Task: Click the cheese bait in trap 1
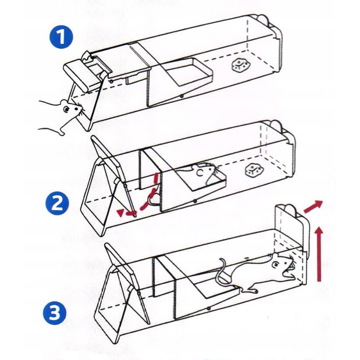coord(240,66)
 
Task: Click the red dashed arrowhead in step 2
coord(120,213)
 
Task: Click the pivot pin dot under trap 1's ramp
coord(181,96)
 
